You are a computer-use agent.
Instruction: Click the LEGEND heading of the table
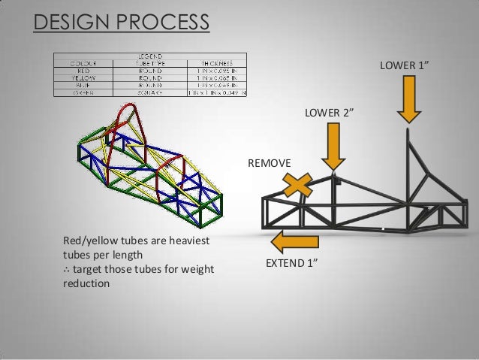tap(150, 56)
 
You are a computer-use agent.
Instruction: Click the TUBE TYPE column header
tap(150, 63)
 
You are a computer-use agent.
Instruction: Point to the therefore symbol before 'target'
tap(67, 270)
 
